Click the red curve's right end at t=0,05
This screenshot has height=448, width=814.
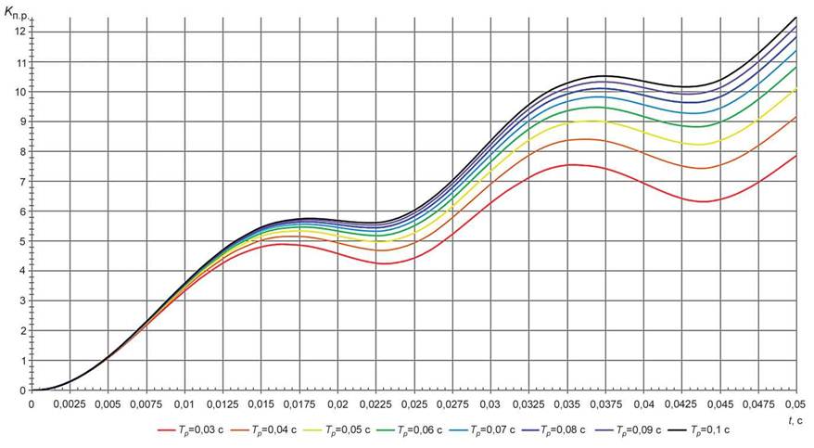[x=796, y=156]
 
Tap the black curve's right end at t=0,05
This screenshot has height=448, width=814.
[x=796, y=18]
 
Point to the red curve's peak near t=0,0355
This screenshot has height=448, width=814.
[x=577, y=165]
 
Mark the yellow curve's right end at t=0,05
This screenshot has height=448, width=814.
[x=796, y=89]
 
